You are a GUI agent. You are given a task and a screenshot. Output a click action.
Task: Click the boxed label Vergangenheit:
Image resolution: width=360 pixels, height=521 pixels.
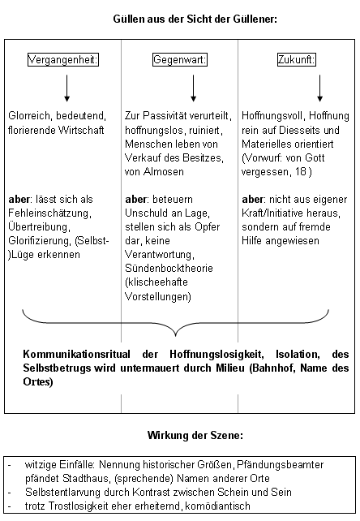tap(63, 60)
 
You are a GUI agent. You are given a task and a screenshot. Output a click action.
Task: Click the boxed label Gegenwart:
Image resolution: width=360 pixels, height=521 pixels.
tap(180, 60)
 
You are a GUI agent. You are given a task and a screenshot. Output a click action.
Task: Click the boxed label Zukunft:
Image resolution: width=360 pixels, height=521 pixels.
tap(295, 60)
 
